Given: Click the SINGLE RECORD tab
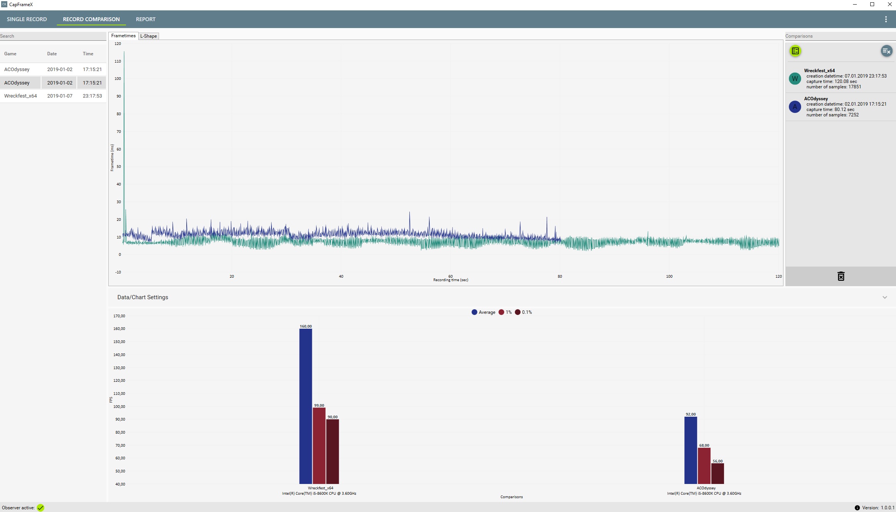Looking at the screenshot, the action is [x=27, y=19].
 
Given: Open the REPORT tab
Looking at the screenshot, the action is [x=146, y=19].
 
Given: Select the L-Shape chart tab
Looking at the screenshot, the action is [x=149, y=36].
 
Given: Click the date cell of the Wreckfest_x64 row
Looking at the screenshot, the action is [x=60, y=96].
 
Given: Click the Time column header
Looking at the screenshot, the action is [x=88, y=54].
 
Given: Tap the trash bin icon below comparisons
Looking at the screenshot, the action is [x=841, y=276].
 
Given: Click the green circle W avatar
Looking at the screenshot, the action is [x=795, y=79].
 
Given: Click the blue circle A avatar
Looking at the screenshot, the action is [x=795, y=107].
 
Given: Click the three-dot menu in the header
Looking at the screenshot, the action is [x=886, y=19].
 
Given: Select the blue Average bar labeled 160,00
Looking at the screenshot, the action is [x=306, y=406].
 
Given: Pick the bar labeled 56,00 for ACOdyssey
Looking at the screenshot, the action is [x=717, y=474].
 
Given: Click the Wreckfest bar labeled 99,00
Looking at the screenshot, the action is [x=319, y=446].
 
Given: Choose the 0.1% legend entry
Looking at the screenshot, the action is [x=523, y=312].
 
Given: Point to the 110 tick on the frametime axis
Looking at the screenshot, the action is [x=118, y=61].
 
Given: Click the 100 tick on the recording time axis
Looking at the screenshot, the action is [x=669, y=277].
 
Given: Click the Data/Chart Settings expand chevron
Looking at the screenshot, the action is [x=884, y=297].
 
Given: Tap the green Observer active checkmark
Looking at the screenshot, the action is [x=41, y=508].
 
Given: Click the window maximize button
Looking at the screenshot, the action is [x=872, y=5].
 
